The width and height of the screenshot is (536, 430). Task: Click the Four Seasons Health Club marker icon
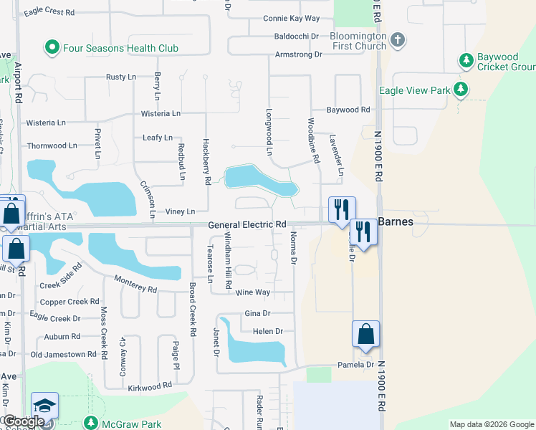pyautogui.click(x=52, y=48)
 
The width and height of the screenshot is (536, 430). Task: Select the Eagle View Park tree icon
pyautogui.click(x=461, y=90)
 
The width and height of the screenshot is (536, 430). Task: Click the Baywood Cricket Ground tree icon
pyautogui.click(x=466, y=59)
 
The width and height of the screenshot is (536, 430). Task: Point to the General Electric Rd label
pyautogui.click(x=247, y=225)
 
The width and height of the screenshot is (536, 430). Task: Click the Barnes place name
pyautogui.click(x=396, y=222)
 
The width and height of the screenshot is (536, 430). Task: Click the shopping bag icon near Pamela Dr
pyautogui.click(x=365, y=335)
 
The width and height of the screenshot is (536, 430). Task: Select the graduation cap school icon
pyautogui.click(x=44, y=406)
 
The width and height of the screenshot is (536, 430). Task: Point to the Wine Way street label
pyautogui.click(x=253, y=292)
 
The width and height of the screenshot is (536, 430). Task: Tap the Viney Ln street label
pyautogui.click(x=180, y=211)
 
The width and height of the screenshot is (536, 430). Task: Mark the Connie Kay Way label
pyautogui.click(x=291, y=18)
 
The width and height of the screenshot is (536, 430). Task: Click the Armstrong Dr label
pyautogui.click(x=298, y=54)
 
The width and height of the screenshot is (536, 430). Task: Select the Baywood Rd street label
pyautogui.click(x=348, y=110)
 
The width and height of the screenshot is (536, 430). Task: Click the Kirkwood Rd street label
pyautogui.click(x=150, y=385)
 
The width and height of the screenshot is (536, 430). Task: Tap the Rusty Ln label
pyautogui.click(x=120, y=77)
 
